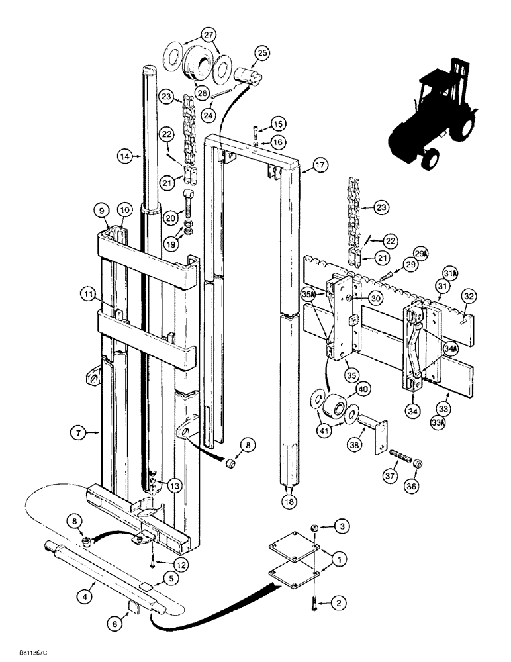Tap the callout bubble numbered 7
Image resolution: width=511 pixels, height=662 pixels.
click(x=77, y=434)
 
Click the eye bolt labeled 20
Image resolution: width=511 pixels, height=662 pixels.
click(x=189, y=199)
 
